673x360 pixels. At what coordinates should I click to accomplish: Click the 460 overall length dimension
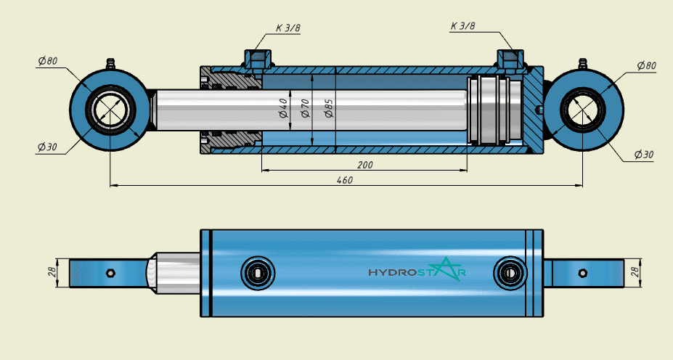tap(345, 180)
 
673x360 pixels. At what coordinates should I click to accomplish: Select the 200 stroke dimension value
tap(365, 165)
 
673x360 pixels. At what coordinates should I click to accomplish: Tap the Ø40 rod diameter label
tap(283, 108)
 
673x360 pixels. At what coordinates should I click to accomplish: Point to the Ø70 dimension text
tap(305, 108)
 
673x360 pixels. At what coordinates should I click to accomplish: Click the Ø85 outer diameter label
tap(329, 108)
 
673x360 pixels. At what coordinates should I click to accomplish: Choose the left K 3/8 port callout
tap(288, 28)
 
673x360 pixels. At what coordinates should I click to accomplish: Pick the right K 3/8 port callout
tap(462, 26)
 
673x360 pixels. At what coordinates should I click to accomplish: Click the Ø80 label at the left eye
tap(48, 61)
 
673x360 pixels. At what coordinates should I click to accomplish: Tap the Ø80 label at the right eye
tap(646, 65)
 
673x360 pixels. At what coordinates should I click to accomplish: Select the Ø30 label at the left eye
tap(47, 147)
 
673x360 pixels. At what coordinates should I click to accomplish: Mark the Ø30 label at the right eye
tap(644, 155)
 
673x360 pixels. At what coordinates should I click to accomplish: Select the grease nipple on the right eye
tap(582, 65)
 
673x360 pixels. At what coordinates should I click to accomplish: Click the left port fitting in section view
tap(257, 60)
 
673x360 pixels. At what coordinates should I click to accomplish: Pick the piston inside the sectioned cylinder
tap(489, 110)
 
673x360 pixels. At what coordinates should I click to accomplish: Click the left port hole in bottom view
tap(258, 273)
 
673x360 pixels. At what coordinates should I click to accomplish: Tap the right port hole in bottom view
tap(510, 273)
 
